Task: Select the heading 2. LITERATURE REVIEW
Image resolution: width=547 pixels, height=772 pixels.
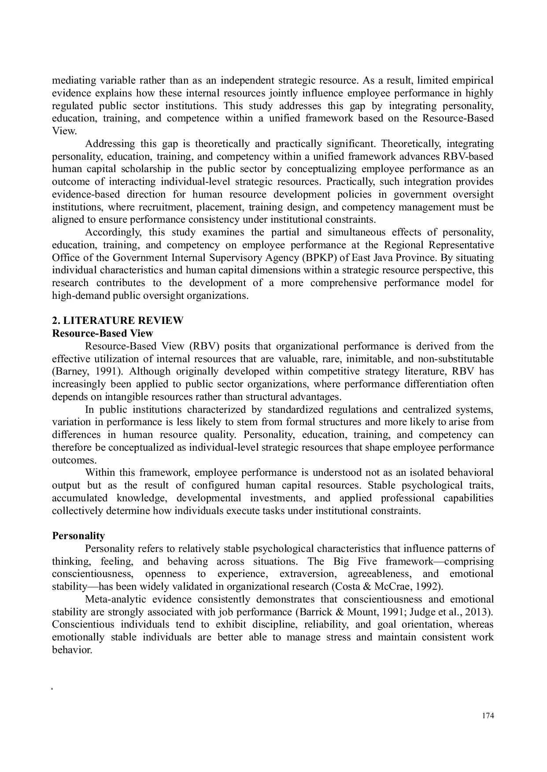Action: tap(118, 320)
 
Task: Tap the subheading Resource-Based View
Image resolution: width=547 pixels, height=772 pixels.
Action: tap(103, 333)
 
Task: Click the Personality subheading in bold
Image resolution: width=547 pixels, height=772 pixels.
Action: tap(78, 536)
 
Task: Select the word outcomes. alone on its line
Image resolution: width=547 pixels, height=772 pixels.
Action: tap(74, 460)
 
